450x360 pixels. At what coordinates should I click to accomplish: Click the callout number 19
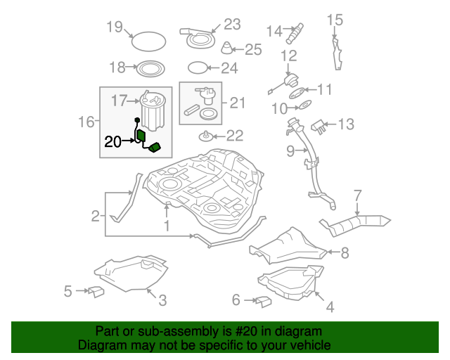(x=115, y=27)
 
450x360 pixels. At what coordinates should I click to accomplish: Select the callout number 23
(x=232, y=24)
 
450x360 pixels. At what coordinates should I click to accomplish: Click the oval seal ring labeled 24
(x=199, y=68)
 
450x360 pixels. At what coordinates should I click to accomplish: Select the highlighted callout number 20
(x=112, y=141)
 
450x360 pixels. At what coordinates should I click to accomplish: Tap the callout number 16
(x=86, y=122)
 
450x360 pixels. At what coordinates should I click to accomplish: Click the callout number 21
(x=238, y=103)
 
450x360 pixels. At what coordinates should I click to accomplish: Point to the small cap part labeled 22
(x=206, y=135)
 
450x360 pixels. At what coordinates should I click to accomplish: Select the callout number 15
(x=334, y=19)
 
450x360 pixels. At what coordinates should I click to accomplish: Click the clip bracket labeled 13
(x=321, y=127)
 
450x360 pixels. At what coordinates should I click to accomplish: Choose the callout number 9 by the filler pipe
(x=290, y=150)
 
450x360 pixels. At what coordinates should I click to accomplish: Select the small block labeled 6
(x=263, y=301)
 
